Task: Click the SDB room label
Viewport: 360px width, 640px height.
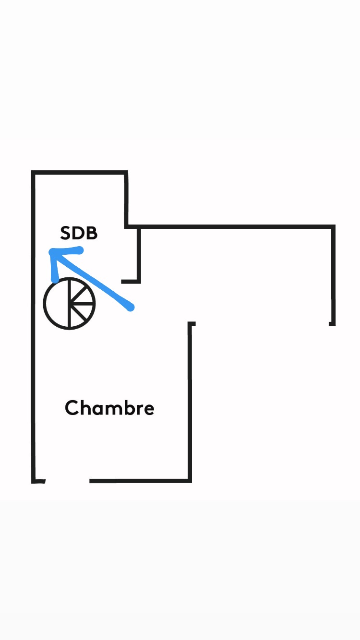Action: [x=79, y=233]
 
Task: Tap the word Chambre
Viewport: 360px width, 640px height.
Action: [x=109, y=407]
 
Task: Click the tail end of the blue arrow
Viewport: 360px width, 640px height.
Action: [x=131, y=308]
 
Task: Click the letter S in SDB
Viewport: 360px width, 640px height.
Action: [x=65, y=233]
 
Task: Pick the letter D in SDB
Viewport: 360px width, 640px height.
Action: [x=78, y=233]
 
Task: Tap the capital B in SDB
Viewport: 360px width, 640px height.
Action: [x=92, y=233]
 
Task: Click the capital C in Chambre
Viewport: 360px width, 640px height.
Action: [x=72, y=408]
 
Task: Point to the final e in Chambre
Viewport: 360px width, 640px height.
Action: [x=148, y=410]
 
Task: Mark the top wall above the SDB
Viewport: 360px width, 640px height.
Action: [x=79, y=173]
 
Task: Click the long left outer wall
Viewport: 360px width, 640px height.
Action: [x=33, y=327]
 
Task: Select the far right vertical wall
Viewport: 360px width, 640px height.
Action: [x=334, y=275]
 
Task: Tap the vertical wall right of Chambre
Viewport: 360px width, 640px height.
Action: [x=190, y=403]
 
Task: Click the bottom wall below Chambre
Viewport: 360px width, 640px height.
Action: [x=140, y=481]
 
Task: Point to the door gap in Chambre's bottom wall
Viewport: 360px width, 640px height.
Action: [x=68, y=481]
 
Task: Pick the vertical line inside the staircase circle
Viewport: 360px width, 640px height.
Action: [x=70, y=303]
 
